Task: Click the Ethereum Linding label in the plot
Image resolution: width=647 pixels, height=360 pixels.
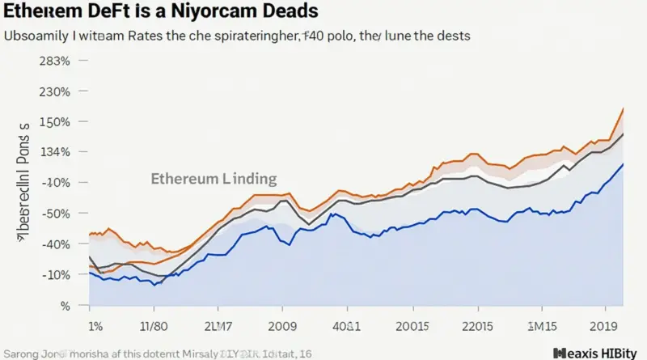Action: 214,179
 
